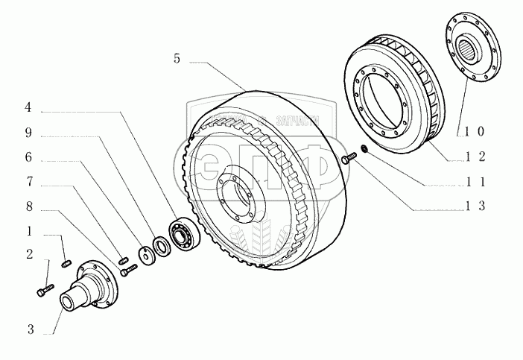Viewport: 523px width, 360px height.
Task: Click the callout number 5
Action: [x=177, y=59]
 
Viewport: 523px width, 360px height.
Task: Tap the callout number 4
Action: [x=28, y=107]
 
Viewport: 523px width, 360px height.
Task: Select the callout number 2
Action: [x=28, y=255]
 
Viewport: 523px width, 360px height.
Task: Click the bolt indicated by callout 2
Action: [x=44, y=288]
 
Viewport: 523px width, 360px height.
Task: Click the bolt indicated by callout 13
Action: [x=348, y=159]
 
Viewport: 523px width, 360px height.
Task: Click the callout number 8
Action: [x=28, y=206]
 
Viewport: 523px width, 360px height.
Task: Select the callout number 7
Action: [x=28, y=181]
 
